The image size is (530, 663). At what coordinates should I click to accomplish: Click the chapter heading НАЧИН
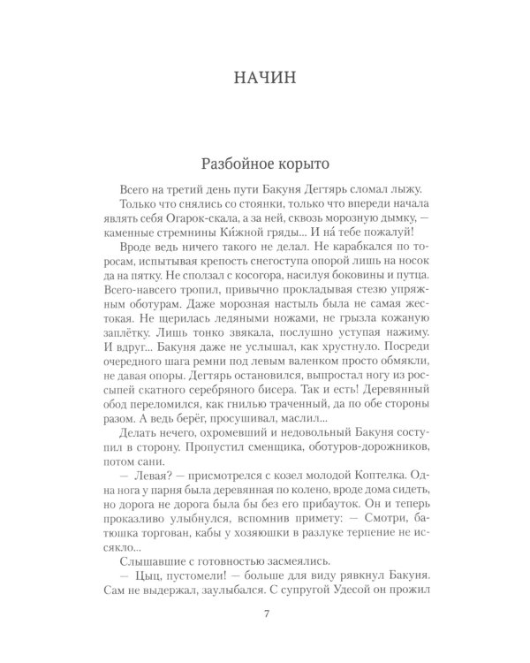[264, 77]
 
